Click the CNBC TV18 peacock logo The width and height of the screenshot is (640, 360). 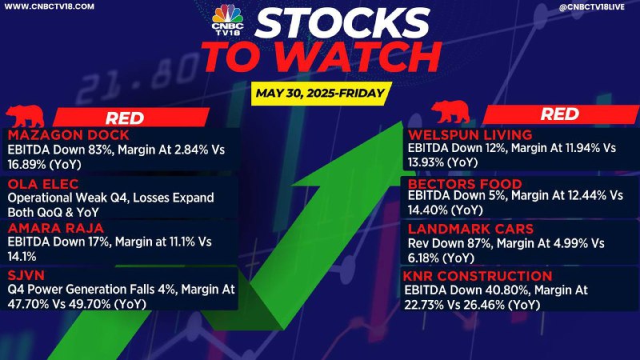coord(227,19)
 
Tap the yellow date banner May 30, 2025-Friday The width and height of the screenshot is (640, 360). coord(321,94)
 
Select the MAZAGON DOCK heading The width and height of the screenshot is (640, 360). coord(68,134)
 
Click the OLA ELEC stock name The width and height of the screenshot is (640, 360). coord(43,184)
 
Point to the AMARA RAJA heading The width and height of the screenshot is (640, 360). coord(55,228)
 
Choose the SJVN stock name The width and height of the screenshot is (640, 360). coord(26,275)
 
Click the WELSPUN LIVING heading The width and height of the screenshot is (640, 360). coord(470,134)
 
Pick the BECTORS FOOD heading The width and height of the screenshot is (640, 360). coord(465,184)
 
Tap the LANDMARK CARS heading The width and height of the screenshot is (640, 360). coord(470,229)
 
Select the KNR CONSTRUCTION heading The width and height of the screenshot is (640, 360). coord(478,276)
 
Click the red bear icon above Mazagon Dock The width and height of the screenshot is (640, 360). coord(25,116)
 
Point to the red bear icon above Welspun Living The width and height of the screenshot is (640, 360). coord(450,112)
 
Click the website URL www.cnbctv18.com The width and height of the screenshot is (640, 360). coord(49,6)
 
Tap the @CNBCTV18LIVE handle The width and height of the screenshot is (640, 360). coord(591,6)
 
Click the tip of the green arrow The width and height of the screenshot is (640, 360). coord(403,122)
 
